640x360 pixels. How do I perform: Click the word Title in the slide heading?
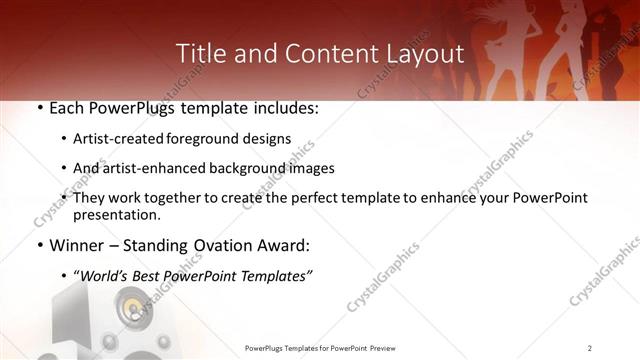[x=202, y=53]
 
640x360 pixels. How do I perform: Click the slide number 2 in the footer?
[x=590, y=347]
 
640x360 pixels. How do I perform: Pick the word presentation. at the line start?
[x=116, y=214]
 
